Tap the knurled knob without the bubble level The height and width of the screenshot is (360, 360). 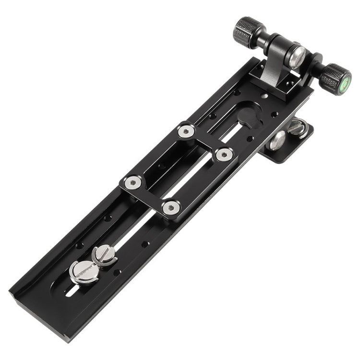point(248,32)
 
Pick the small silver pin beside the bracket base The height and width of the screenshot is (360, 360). point(266,96)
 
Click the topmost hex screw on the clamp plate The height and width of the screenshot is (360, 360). point(186,131)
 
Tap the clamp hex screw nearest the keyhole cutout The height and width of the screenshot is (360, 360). point(224,155)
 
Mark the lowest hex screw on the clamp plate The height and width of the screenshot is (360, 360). point(170,207)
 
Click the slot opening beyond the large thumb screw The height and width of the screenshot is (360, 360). point(71,290)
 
